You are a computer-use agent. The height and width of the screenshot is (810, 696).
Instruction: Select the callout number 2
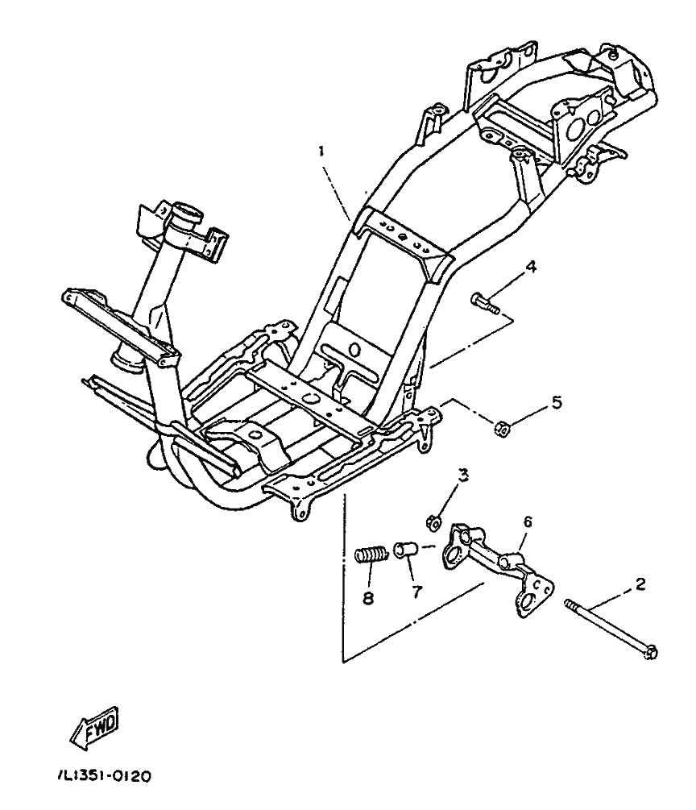[x=640, y=584]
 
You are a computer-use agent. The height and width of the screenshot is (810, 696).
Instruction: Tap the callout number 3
[x=462, y=475]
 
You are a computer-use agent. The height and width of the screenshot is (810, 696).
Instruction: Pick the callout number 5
[x=556, y=401]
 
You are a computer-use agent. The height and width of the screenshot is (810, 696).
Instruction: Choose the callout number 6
[x=528, y=522]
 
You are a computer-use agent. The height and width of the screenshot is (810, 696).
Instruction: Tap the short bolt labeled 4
[x=484, y=304]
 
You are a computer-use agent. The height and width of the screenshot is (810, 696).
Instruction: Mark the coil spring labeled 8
[x=371, y=555]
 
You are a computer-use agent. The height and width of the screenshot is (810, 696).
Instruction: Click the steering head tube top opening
[x=184, y=214]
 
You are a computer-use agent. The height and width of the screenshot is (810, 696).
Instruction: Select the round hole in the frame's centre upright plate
[x=352, y=349]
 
